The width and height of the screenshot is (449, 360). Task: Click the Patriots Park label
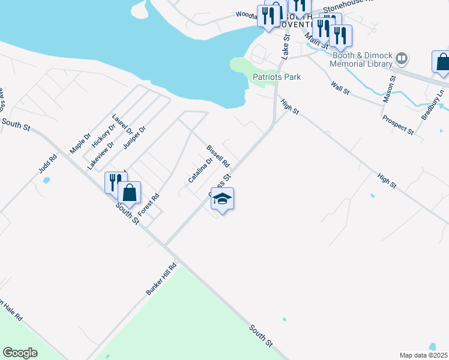coord(276,77)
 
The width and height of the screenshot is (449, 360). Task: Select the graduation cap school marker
coord(222,200)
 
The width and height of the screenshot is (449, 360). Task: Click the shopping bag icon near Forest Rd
coord(129,193)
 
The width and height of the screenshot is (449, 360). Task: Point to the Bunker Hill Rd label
coord(161,278)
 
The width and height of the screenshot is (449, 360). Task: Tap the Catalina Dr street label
coord(200,170)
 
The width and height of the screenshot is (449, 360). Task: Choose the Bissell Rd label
coord(218,155)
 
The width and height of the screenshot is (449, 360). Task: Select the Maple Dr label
coord(79,142)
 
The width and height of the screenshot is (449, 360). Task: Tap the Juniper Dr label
coord(134,137)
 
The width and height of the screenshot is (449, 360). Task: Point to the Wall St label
coord(340,88)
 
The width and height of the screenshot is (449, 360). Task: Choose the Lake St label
coord(286,46)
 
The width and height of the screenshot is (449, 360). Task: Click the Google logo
coord(20,353)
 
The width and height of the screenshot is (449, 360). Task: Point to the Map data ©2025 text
coord(423,355)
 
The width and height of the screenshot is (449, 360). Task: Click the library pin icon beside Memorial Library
coord(402,59)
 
